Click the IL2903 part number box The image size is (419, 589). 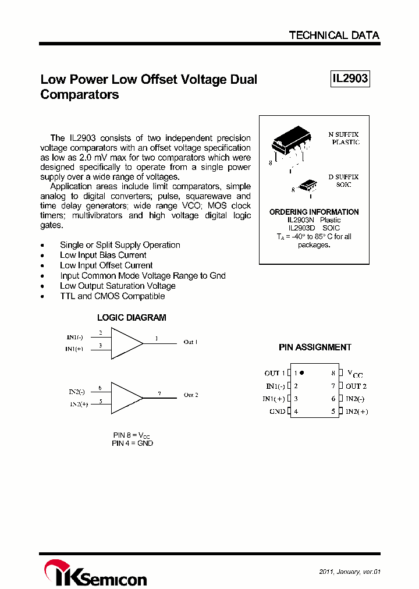[350, 79]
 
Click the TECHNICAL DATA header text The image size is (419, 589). [334, 36]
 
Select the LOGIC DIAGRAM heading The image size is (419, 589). [132, 318]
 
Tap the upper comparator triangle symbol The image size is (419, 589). [125, 343]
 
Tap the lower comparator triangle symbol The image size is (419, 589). [125, 398]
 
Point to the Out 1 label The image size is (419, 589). [190, 342]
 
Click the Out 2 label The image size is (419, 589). [191, 395]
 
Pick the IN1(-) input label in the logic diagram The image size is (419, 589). [75, 337]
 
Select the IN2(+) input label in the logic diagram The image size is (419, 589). [79, 404]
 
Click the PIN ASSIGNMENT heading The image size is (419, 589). [315, 347]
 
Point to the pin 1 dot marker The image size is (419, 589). [302, 372]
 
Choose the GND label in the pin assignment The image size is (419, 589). [277, 411]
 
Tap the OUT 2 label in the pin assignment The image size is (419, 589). [356, 386]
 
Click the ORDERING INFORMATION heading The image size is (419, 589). [314, 212]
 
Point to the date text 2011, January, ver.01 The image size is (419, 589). [349, 572]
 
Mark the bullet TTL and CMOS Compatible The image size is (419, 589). [112, 296]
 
